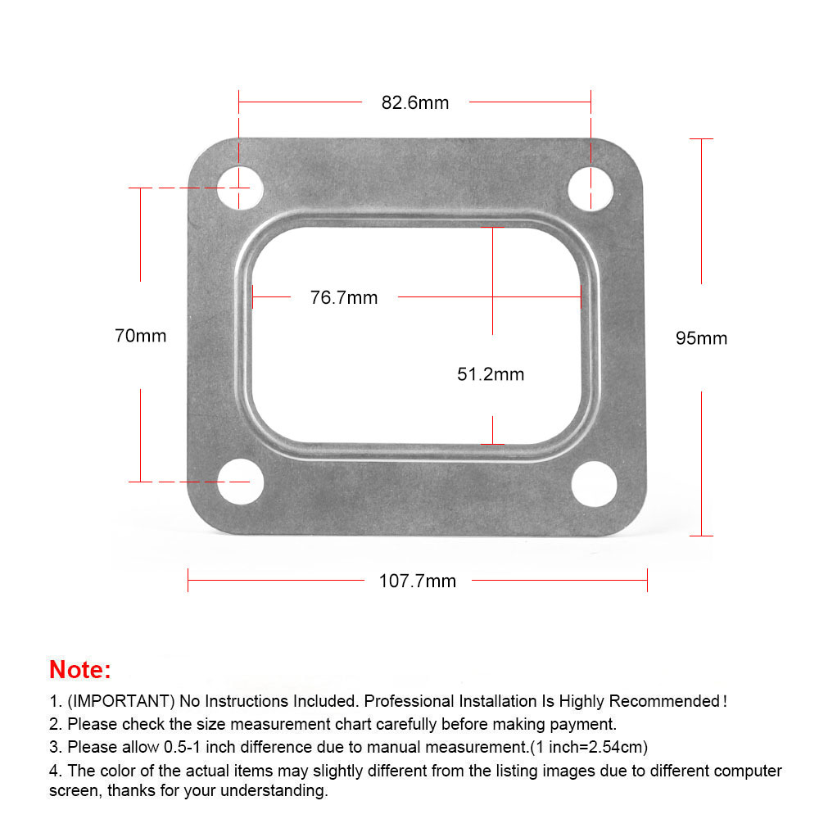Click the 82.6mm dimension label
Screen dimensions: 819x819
coord(414,103)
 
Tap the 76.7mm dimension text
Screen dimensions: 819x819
coord(344,298)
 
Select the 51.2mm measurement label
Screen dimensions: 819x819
coord(491,374)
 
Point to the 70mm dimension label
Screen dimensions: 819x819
coord(141,336)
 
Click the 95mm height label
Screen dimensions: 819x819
coord(702,338)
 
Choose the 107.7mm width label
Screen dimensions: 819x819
coord(418,581)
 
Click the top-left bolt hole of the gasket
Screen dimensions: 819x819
coord(240,188)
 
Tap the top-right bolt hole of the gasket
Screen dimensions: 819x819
coord(590,188)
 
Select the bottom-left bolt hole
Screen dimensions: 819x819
coord(240,482)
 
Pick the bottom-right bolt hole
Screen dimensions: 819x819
coord(595,484)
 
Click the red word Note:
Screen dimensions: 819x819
coord(80,670)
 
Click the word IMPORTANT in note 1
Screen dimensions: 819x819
coord(121,701)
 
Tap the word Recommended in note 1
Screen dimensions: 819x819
coord(664,701)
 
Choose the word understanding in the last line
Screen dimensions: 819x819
coord(274,791)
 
